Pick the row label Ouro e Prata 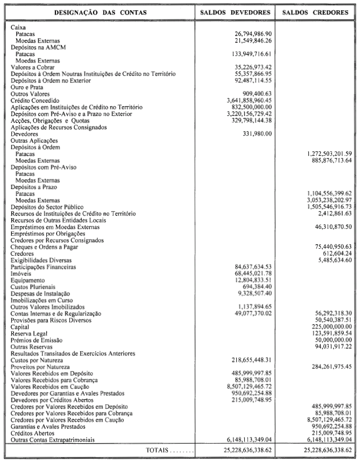pos(26,87)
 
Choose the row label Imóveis pos(22,273)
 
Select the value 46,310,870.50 pos(329,226)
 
